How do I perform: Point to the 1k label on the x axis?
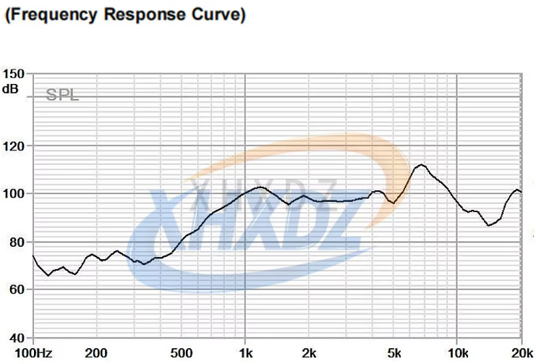point(246,352)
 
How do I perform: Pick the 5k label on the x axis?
point(394,352)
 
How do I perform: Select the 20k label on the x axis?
point(521,352)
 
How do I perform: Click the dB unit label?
point(12,89)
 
